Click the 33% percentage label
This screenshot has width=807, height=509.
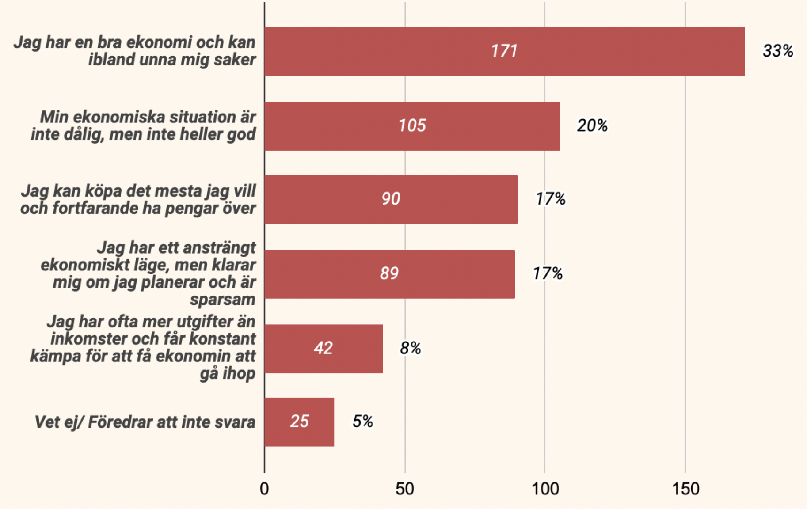778,51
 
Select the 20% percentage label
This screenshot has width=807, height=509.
592,126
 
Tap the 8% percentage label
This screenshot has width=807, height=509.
410,349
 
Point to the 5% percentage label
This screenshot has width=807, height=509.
362,422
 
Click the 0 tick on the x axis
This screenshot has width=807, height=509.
264,489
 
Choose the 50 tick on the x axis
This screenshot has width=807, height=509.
405,489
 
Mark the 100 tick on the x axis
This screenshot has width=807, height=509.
545,489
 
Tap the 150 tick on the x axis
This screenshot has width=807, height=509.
685,489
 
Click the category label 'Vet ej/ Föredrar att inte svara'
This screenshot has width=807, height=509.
145,422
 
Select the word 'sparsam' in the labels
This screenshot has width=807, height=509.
223,300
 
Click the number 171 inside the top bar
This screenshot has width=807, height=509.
504,51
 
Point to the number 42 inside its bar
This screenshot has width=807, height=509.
323,348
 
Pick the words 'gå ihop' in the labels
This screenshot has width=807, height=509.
228,374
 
